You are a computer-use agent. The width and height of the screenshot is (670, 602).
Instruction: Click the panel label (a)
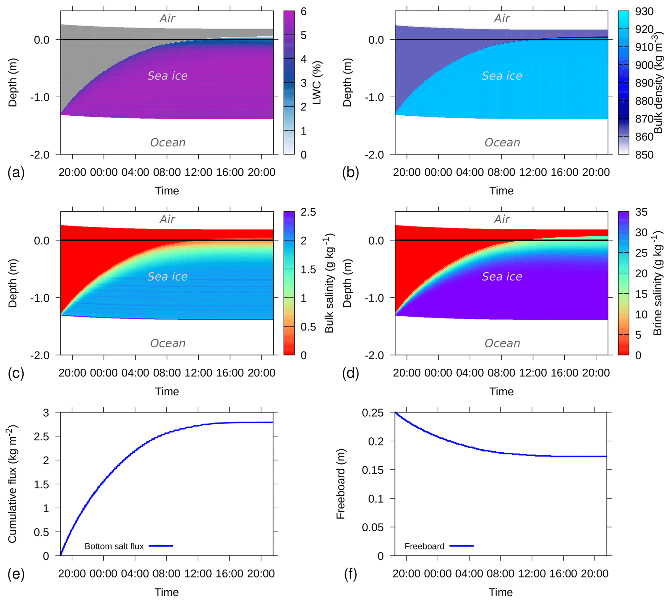(x=16, y=173)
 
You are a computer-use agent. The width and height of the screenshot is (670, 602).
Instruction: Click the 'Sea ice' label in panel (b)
(x=501, y=76)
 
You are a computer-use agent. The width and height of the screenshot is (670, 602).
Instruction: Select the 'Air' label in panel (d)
(x=501, y=219)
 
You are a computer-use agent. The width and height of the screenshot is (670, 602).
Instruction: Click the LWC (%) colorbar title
(x=317, y=83)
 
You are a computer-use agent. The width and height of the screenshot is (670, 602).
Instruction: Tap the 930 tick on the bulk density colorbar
(x=644, y=12)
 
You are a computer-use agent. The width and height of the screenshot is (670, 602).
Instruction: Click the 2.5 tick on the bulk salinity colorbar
(x=308, y=212)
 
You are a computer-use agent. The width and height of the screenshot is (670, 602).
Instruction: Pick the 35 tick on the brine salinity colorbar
(x=641, y=212)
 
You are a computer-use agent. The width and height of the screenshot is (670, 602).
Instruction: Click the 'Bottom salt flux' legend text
(x=114, y=546)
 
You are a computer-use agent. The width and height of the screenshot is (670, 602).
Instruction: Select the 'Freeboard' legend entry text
(x=424, y=546)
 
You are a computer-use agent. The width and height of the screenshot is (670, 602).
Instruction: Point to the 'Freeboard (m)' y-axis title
(x=340, y=484)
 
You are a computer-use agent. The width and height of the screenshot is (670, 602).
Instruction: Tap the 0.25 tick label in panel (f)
(x=372, y=413)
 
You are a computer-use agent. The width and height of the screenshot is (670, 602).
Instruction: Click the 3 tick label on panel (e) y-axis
(x=46, y=413)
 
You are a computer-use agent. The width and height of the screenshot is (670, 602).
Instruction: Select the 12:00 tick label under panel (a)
(x=198, y=172)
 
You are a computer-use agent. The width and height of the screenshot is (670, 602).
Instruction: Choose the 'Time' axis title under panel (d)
(x=501, y=392)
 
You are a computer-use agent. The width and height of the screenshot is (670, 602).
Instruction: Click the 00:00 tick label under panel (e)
(x=103, y=573)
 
